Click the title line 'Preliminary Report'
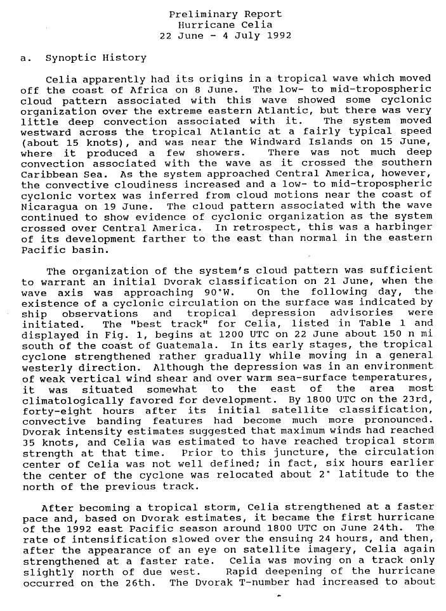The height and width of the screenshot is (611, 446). click(x=225, y=14)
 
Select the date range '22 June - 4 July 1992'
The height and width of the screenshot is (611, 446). click(x=225, y=35)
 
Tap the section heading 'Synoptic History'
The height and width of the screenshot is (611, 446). click(x=96, y=58)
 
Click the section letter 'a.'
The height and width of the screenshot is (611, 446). click(x=26, y=58)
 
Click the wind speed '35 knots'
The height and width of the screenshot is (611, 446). click(x=48, y=443)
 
